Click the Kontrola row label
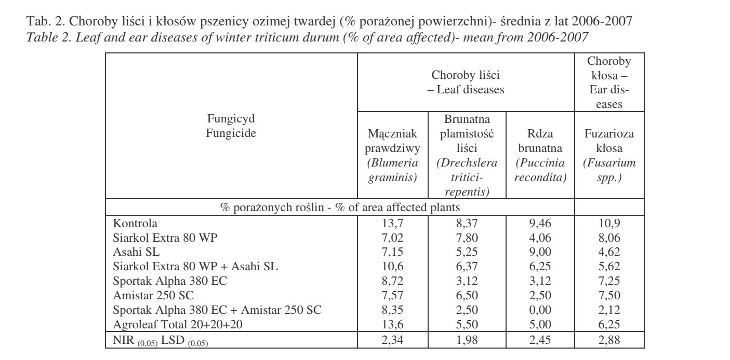[x=135, y=224]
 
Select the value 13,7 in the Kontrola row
[x=393, y=224]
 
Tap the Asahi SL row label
[x=137, y=253]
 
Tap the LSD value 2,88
[x=609, y=340]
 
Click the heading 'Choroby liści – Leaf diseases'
[x=466, y=82]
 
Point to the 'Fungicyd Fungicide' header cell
[x=231, y=126]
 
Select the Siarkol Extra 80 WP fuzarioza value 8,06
[x=609, y=238]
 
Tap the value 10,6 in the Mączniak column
[x=393, y=267]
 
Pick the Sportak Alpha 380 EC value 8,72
[x=393, y=282]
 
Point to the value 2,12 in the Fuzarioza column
[x=609, y=311]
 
